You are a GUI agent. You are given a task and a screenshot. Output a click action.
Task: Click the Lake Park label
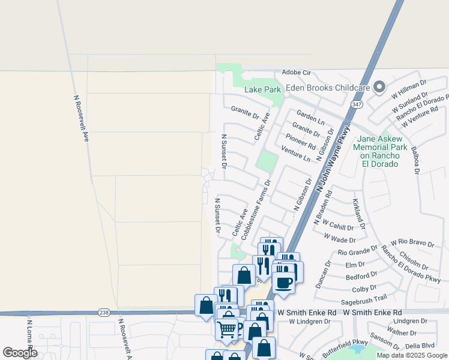pos(263,90)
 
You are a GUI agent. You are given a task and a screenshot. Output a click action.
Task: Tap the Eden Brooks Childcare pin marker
pos(379,88)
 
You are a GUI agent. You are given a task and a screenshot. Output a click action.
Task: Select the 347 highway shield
pos(358,104)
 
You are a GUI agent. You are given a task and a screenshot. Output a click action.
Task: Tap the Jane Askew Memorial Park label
pos(380,151)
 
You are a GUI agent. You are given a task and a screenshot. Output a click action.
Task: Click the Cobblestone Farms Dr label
pos(256,209)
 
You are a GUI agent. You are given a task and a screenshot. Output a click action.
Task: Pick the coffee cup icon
pos(283,281)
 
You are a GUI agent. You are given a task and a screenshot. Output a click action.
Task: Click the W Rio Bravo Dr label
pos(412,242)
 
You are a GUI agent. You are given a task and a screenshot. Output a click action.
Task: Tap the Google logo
pos(20,353)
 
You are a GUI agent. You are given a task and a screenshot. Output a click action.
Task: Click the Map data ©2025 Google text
pos(412,355)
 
